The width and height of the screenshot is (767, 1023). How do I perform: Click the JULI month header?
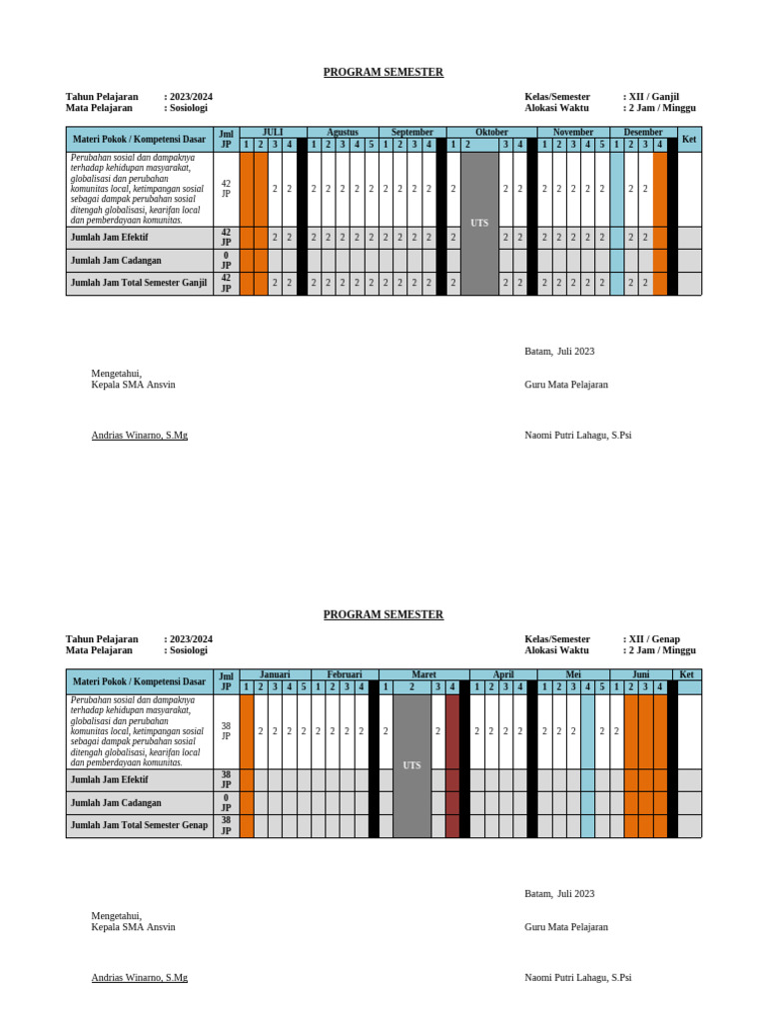[273, 132]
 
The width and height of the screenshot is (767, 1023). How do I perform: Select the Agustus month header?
[343, 132]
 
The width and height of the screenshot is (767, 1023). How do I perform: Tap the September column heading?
[412, 132]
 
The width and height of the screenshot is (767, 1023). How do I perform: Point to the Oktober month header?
[491, 132]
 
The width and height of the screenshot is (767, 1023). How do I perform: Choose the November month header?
[573, 132]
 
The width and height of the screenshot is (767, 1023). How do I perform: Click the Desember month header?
[643, 132]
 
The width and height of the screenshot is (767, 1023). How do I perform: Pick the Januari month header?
[275, 674]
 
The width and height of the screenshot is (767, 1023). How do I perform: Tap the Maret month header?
[423, 674]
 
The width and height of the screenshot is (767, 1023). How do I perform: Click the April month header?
[503, 674]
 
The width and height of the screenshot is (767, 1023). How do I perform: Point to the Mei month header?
[573, 674]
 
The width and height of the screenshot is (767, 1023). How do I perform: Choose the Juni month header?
[640, 674]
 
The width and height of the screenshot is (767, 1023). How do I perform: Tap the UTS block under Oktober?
[479, 223]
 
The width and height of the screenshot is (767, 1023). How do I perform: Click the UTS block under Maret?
[411, 765]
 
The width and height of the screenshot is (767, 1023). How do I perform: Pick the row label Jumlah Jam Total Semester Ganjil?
[139, 283]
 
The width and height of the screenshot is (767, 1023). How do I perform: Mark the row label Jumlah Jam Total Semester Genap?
[139, 825]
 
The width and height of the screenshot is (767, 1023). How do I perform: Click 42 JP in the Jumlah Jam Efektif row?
[226, 237]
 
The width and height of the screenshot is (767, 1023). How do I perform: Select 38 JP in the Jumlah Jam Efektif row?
[226, 779]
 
